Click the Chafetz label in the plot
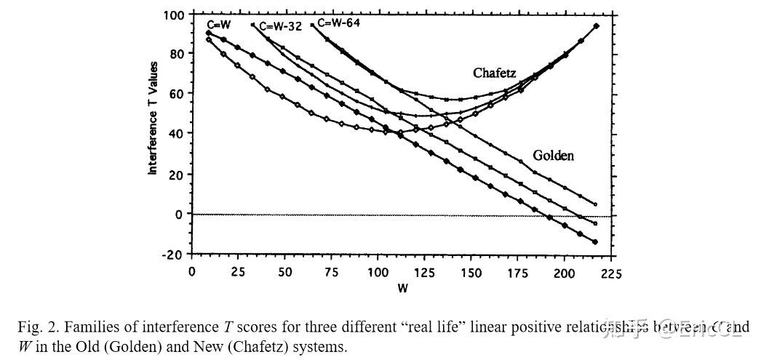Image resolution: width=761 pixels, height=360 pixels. click(494, 73)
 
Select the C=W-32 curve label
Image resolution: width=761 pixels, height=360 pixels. click(281, 26)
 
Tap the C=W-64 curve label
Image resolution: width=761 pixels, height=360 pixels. click(338, 23)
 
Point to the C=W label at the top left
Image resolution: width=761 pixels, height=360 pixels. click(219, 25)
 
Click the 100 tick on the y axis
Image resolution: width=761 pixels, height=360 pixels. click(173, 15)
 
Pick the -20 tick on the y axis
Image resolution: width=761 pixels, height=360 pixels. click(173, 254)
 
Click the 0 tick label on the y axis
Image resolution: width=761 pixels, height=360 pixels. click(180, 215)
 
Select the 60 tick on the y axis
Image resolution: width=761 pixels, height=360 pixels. click(176, 95)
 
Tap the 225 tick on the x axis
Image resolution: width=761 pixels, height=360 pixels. click(610, 273)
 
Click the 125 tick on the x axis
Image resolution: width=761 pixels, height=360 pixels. click(424, 273)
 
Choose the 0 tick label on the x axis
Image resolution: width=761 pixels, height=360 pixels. click(191, 273)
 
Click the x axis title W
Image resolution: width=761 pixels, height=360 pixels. click(402, 289)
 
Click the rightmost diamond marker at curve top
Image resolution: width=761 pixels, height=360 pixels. click(597, 25)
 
